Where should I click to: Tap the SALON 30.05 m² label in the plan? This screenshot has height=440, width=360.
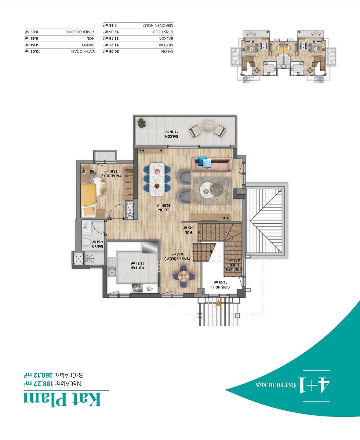click(164, 208)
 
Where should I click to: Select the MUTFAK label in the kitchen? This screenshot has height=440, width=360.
click(137, 266)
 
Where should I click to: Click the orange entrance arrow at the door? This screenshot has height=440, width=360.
click(218, 303)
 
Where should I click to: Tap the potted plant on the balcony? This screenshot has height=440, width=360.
click(141, 123)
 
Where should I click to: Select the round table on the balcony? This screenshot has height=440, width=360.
click(208, 126)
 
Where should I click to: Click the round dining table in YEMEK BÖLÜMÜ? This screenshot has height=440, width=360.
click(184, 276)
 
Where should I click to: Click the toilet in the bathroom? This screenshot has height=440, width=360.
click(86, 243)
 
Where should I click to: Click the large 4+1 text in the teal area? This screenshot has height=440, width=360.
click(315, 386)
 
